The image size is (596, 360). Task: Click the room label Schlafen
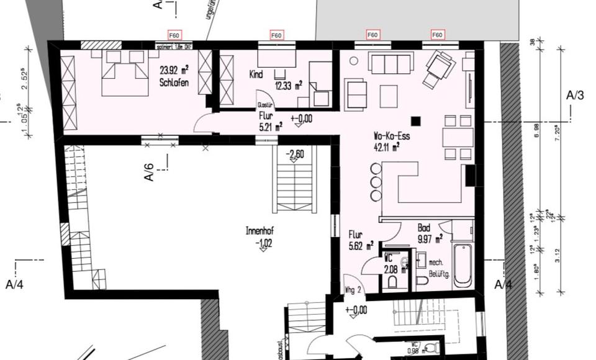(174, 83)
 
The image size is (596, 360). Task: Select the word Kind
(256, 74)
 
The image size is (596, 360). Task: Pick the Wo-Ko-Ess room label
(391, 136)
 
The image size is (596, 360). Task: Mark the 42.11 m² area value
(386, 147)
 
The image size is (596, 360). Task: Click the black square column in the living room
(415, 122)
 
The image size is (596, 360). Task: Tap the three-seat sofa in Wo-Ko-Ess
(391, 63)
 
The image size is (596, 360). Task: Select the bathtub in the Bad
(463, 266)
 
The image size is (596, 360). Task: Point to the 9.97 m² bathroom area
(429, 238)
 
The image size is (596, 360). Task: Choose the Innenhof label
(260, 231)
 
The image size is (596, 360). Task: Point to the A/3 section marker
(575, 96)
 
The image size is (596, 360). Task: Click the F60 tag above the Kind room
(276, 35)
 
